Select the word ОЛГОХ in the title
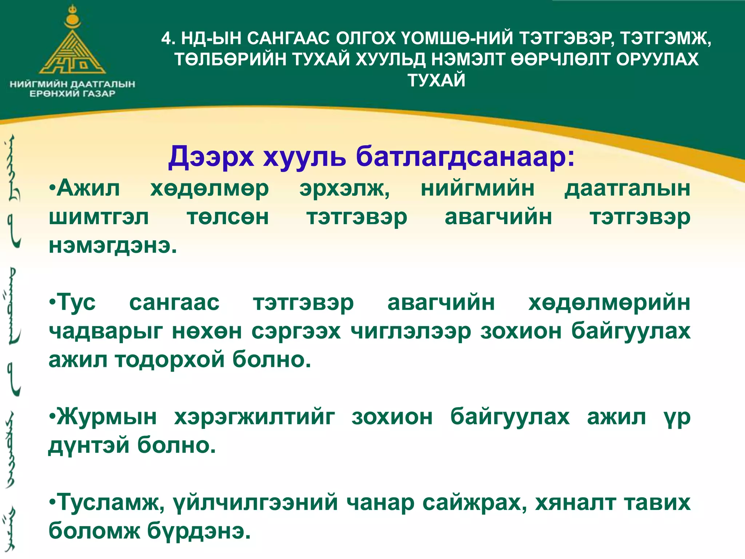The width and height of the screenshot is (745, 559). click(366, 38)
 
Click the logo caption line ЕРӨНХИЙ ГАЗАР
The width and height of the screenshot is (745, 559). click(72, 94)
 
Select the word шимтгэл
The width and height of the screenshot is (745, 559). click(99, 218)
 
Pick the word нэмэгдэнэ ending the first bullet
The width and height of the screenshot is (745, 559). click(113, 246)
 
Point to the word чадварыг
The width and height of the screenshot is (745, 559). click(106, 331)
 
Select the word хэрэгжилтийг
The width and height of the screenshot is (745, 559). click(254, 417)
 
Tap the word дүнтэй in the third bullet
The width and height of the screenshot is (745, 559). click(89, 445)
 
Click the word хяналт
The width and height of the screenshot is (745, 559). click(575, 503)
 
